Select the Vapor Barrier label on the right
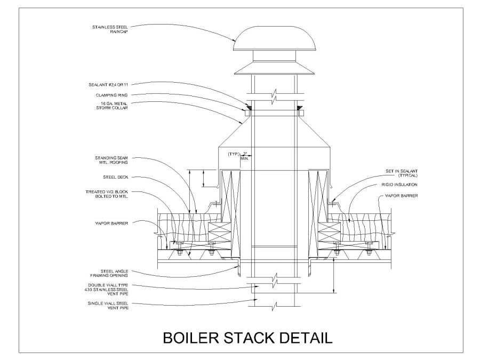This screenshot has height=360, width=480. tap(399, 197)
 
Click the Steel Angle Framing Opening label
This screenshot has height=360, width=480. tap(110, 273)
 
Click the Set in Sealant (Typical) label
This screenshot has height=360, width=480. tap(402, 173)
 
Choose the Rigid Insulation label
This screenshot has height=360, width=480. tap(399, 185)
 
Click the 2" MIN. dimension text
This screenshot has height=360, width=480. tap(245, 156)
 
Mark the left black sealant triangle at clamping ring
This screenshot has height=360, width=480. tap(248, 110)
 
